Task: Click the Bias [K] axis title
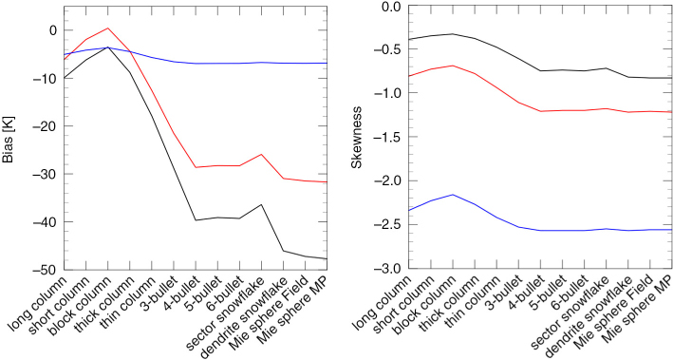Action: coord(9,140)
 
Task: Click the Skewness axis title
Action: coord(356,138)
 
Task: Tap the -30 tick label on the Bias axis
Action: coord(47,174)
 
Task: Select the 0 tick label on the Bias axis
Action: coord(53,30)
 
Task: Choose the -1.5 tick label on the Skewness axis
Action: coord(389,137)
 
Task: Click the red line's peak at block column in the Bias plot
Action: coord(108,28)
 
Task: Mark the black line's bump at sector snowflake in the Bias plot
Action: coord(261,204)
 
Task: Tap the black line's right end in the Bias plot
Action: coord(327,258)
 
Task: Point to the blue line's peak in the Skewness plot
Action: coord(453,195)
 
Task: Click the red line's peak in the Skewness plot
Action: coord(453,66)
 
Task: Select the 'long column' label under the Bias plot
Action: coord(38,305)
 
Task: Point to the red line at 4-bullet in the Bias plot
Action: coord(196,167)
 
